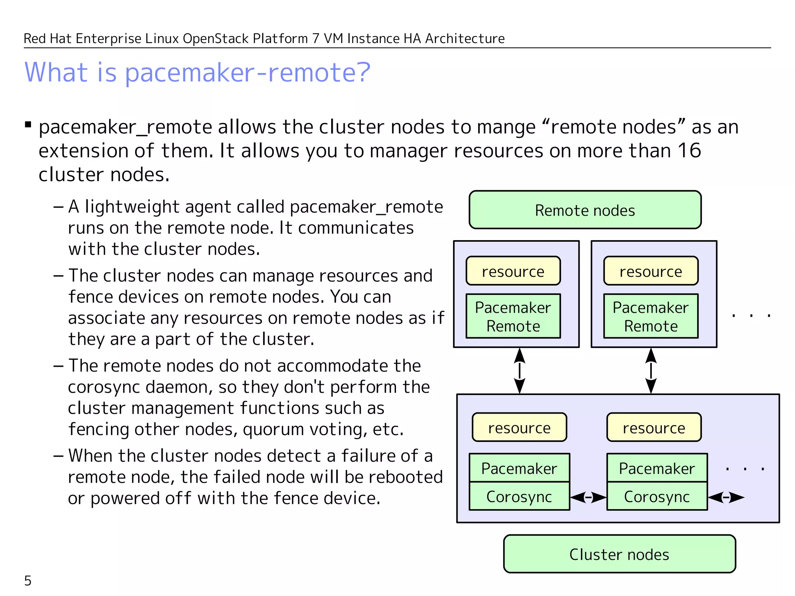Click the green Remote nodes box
click(x=585, y=210)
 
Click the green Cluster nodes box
click(x=619, y=554)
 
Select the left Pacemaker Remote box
click(x=513, y=316)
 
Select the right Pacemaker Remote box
click(x=651, y=316)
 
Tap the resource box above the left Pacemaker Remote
click(x=513, y=271)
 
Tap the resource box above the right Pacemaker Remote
click(x=651, y=271)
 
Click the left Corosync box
click(x=519, y=496)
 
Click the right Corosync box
click(x=657, y=496)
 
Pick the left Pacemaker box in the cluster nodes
click(x=519, y=468)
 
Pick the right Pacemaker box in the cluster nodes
click(x=657, y=468)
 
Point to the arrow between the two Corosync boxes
click(x=588, y=497)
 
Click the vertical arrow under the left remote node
click(x=519, y=371)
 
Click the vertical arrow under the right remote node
click(x=651, y=371)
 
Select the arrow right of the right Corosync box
click(x=726, y=497)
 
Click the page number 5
click(x=28, y=581)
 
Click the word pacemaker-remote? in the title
click(x=248, y=73)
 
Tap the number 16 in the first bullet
click(x=689, y=151)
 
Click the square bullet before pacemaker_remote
click(x=28, y=125)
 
